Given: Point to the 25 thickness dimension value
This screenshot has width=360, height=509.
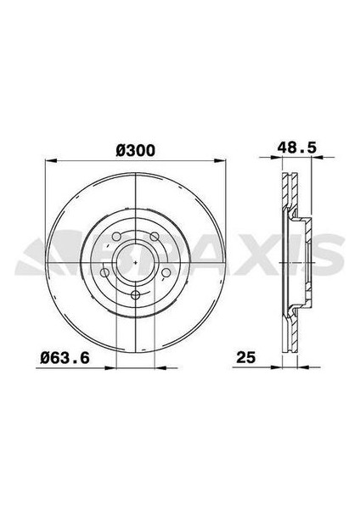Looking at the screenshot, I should click(245, 361).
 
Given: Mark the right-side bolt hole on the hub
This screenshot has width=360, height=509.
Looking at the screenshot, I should click(168, 273).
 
